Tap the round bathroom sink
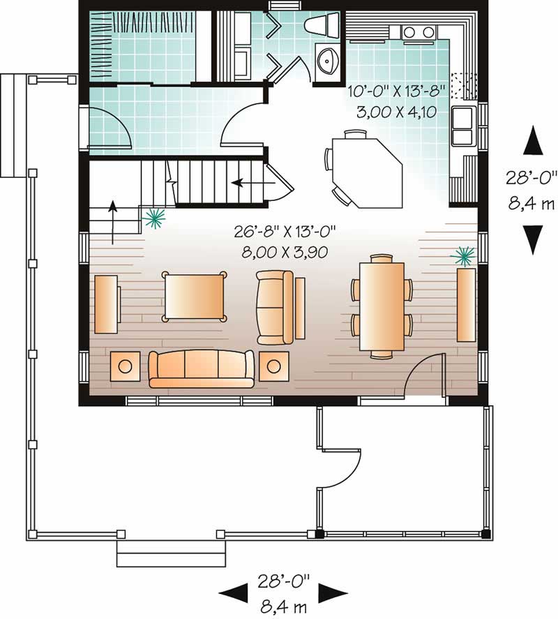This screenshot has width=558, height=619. coord(327,61)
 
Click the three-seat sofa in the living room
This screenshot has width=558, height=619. coord(201,368)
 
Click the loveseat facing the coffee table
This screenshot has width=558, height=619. coord(275,307)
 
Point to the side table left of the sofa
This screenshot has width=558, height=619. coord(126,366)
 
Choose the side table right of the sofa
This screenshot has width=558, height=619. coord(274,365)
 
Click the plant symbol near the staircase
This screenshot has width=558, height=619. coord(153,219)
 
